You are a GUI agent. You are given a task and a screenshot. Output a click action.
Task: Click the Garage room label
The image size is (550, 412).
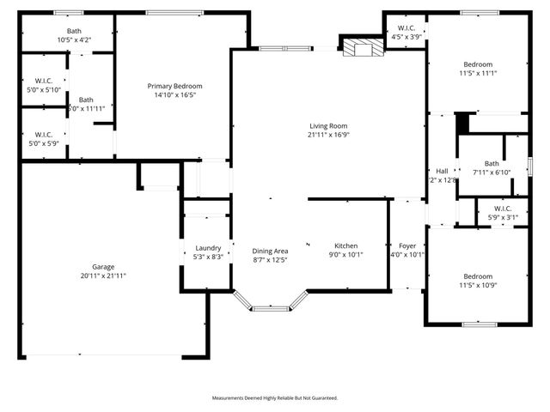pyautogui.click(x=103, y=267)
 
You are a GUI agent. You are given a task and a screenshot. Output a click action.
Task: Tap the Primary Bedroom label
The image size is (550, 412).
pyautogui.click(x=174, y=86)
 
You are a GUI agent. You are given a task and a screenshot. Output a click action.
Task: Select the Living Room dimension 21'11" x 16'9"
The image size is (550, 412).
pyautogui.click(x=329, y=135)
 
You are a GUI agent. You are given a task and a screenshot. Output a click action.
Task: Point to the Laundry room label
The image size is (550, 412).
pyautogui.click(x=208, y=247)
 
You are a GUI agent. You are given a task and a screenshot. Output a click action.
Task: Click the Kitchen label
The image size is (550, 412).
pyautogui.click(x=346, y=246)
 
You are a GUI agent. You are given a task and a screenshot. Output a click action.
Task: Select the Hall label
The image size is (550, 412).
pyautogui.click(x=442, y=171)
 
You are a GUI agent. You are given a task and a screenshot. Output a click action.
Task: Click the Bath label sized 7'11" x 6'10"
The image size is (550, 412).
pyautogui.click(x=492, y=164)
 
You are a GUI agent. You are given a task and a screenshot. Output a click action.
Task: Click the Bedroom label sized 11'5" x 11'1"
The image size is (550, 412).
pyautogui.click(x=478, y=65)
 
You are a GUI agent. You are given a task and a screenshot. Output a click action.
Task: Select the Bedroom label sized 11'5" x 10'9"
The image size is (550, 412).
pyautogui.click(x=478, y=276)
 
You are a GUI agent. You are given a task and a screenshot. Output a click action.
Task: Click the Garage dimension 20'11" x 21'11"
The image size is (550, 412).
pyautogui.click(x=103, y=276)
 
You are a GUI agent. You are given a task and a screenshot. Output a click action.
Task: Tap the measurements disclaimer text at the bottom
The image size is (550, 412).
pyautogui.click(x=275, y=398)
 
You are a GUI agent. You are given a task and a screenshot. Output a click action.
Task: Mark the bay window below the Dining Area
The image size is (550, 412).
pyautogui.click(x=271, y=301)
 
